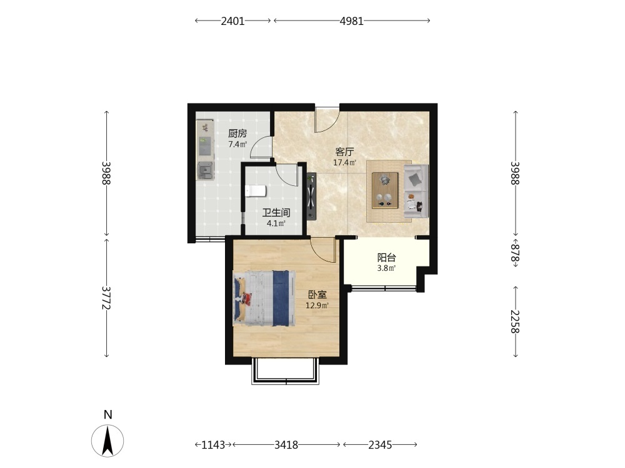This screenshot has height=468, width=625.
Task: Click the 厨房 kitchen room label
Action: (x=237, y=134)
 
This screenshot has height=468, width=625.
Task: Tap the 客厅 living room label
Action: (x=345, y=152)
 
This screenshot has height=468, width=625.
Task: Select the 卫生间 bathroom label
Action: (x=276, y=213)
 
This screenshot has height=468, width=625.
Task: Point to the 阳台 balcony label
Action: (x=387, y=258)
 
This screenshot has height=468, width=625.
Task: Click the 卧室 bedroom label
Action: (x=317, y=295)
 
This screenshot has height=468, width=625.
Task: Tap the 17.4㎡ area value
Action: (x=345, y=162)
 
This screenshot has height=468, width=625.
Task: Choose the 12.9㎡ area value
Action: (x=317, y=306)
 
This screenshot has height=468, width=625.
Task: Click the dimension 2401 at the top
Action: (x=232, y=21)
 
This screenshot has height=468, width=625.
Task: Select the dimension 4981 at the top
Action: (x=351, y=21)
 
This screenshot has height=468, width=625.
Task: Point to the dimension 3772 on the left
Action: (x=106, y=298)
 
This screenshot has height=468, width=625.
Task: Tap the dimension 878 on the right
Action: (x=516, y=253)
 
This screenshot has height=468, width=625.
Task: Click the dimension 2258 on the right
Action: (x=516, y=321)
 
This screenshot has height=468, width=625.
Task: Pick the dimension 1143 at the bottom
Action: (x=213, y=445)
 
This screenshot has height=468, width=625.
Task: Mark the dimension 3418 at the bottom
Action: (x=286, y=445)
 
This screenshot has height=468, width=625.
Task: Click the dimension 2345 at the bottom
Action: (x=380, y=445)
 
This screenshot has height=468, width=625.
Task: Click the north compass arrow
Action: (x=107, y=441)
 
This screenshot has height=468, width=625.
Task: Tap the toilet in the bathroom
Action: (x=256, y=191)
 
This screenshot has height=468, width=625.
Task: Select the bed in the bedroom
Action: (x=264, y=298)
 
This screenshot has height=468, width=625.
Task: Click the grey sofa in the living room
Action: (x=416, y=191)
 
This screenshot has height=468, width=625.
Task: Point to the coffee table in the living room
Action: (x=385, y=190)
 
